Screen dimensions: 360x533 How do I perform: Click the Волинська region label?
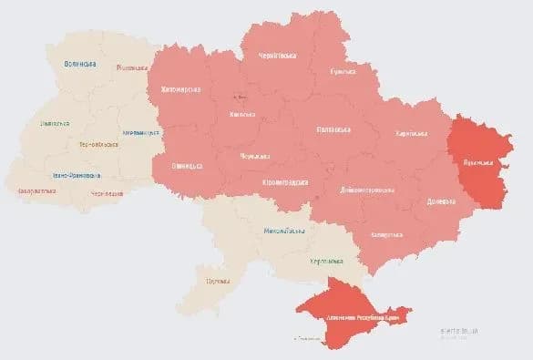pos(80,64)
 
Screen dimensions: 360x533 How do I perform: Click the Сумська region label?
pos(343,71)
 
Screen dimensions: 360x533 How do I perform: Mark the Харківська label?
pos(411,134)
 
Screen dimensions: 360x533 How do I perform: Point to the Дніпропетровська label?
pos(367,190)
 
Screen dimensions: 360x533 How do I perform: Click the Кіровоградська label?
pos(285,182)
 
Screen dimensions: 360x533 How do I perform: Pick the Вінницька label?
pos(187,166)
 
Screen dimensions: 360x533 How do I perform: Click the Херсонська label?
pos(324,262)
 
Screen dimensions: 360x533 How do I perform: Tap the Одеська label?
pos(216,280)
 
